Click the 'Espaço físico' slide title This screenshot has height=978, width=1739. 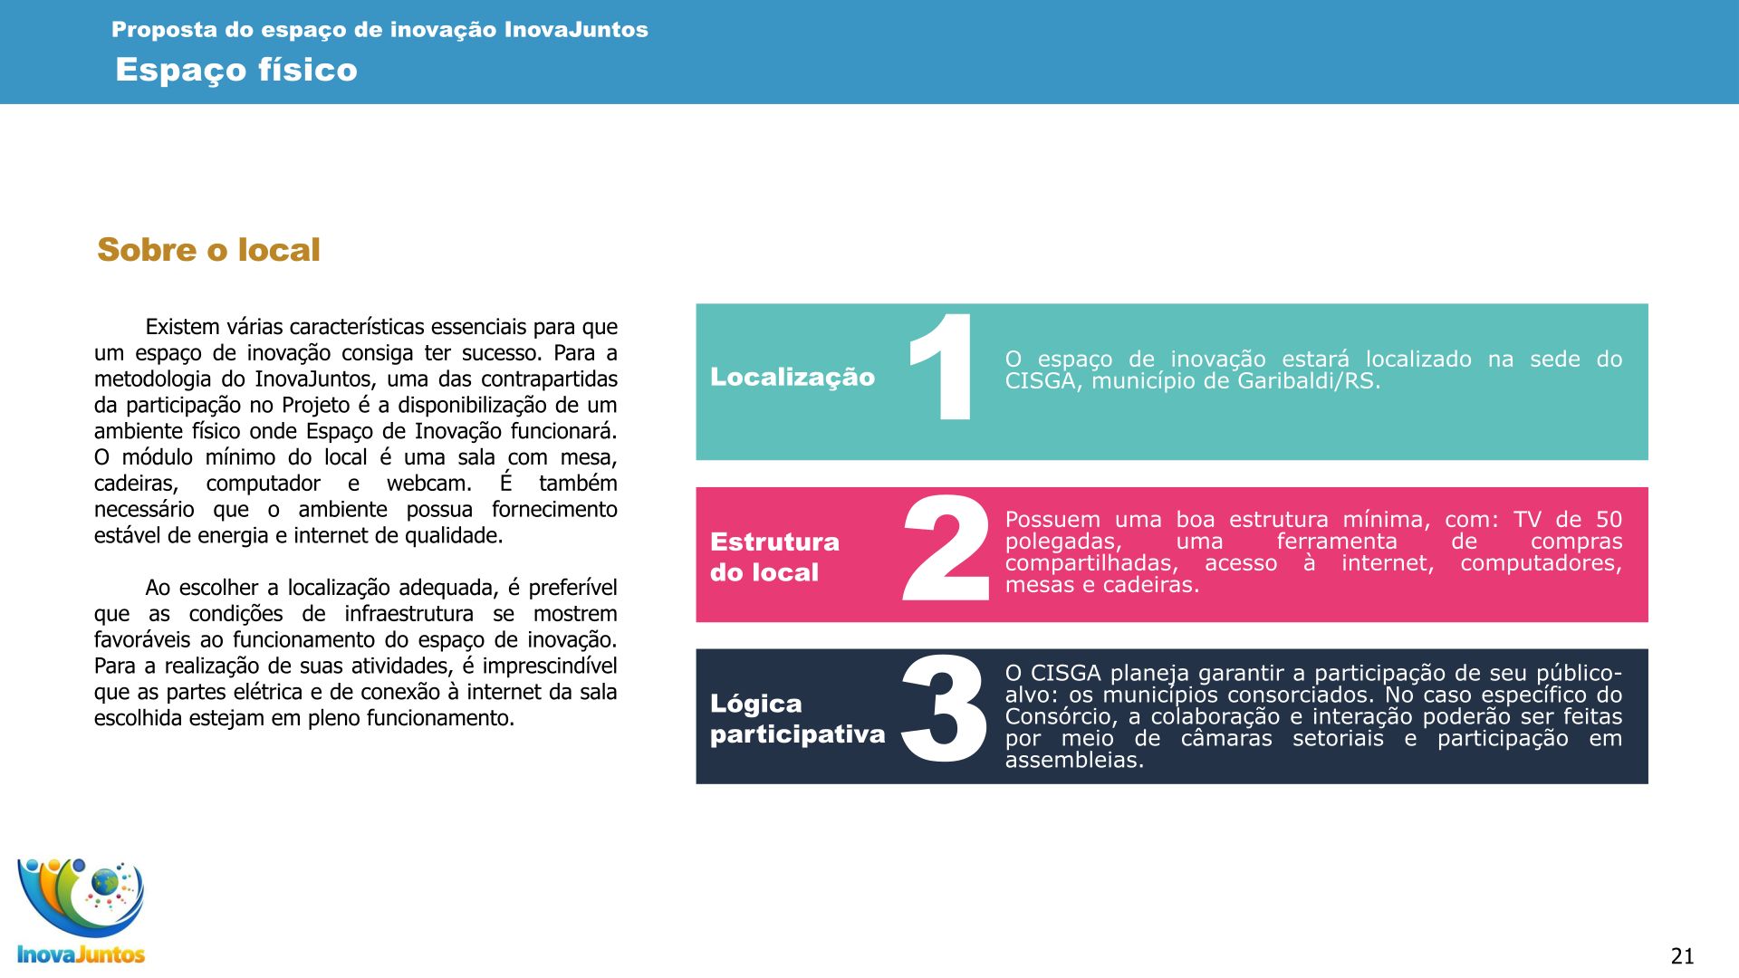point(236,70)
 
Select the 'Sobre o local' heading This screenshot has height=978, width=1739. point(208,250)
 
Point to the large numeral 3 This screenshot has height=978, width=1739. point(944,709)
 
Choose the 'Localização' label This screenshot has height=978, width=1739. point(793,377)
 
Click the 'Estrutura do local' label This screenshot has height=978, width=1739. point(774,557)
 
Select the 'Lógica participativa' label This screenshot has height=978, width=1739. point(797,719)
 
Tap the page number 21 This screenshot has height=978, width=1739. point(1682,956)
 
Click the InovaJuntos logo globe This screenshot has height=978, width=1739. point(105,881)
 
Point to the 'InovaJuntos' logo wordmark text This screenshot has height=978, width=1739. point(82,954)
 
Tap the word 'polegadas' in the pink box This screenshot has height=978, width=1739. point(1062,542)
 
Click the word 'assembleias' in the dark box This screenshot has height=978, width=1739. point(1074,760)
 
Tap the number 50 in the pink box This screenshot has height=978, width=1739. point(1609,520)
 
